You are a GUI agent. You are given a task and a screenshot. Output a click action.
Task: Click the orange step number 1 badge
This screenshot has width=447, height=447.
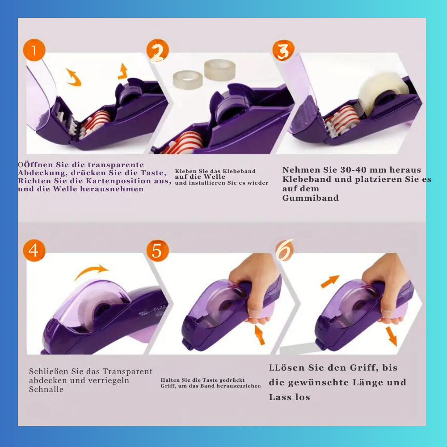click(34, 50)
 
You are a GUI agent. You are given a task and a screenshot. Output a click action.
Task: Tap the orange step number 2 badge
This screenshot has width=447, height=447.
click(158, 51)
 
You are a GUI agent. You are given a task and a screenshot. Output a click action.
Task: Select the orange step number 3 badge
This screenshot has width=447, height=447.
click(283, 51)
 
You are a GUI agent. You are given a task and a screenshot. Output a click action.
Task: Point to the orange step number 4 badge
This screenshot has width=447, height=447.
click(34, 250)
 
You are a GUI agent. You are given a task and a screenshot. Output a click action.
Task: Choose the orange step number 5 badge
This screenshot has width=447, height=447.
click(158, 250)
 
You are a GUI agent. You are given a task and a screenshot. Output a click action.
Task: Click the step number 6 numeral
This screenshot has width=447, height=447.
click(284, 250)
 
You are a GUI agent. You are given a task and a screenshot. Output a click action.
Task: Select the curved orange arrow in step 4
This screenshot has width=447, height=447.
click(91, 271)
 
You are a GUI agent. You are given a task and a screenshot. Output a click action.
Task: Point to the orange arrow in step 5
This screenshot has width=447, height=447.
click(260, 335)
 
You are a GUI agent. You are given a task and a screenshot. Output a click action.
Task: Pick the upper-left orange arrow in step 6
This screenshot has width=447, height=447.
click(330, 281)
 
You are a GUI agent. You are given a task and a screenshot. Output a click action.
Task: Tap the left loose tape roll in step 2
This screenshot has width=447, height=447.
click(188, 79)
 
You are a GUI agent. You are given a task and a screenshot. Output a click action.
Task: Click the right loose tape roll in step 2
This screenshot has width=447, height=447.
click(220, 70)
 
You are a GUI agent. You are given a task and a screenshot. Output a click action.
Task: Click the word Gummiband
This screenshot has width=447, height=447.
click(311, 198)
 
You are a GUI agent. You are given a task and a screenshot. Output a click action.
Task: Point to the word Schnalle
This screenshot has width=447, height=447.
click(46, 389)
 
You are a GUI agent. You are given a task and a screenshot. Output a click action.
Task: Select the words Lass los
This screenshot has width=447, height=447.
click(289, 397)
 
